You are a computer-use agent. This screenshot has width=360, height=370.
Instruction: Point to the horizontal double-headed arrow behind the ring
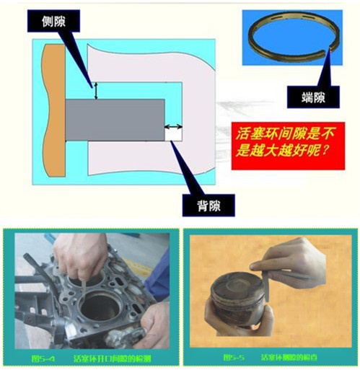(x=173, y=127)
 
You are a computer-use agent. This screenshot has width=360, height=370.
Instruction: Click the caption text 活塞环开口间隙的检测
(x=115, y=356)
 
